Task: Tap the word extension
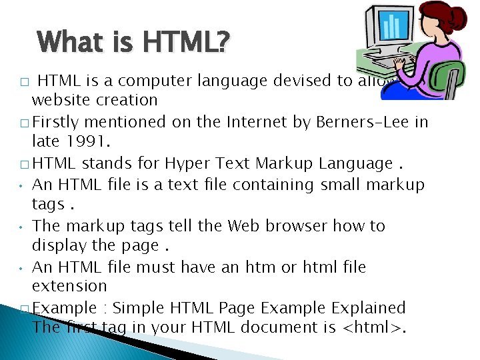69,286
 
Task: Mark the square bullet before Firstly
25,123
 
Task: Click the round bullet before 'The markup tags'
22,226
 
